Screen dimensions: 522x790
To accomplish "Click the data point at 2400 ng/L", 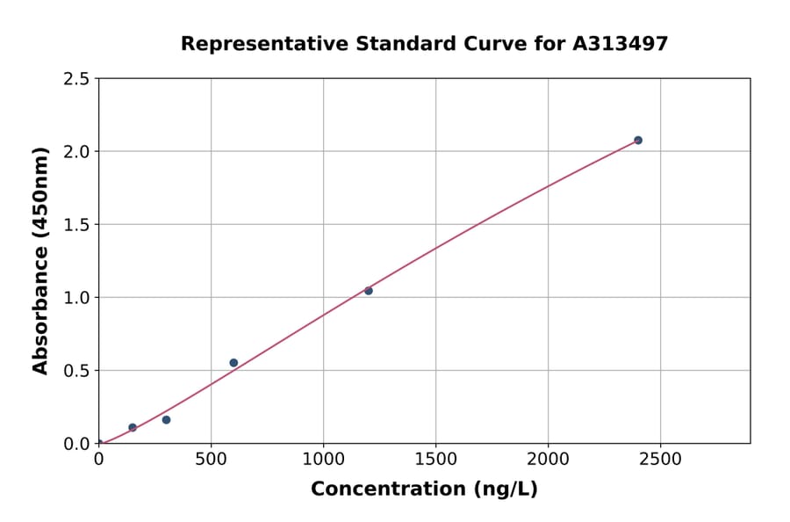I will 638,141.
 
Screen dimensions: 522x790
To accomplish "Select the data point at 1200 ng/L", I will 369,291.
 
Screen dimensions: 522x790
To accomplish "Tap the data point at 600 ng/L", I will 233,363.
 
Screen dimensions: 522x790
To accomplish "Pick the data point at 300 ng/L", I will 166,420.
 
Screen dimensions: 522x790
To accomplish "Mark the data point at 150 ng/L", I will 133,428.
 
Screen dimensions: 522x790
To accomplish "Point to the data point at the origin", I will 98,444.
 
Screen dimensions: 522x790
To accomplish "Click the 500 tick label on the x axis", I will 211,459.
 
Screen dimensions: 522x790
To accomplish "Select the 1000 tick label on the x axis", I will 323,459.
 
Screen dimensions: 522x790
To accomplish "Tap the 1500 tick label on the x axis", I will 435,459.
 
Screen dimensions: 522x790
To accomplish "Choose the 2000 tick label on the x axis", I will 549,459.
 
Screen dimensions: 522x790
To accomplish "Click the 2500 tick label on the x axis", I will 661,459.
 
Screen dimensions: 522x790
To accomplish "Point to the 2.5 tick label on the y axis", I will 76,79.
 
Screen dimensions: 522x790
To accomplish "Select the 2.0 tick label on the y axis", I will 76,152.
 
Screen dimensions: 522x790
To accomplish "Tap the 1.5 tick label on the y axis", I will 76,225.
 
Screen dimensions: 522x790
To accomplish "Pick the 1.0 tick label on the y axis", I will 76,298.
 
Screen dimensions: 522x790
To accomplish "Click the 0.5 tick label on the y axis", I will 76,371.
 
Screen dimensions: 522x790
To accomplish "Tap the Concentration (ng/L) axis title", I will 424,489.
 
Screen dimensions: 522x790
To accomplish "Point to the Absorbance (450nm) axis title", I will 40,260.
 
